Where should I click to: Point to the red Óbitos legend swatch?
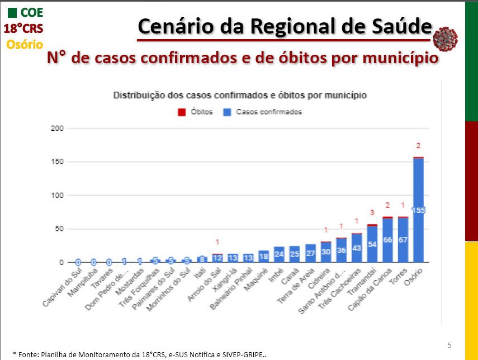pyautogui.click(x=181, y=112)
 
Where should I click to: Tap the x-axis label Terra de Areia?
pyautogui.click(x=296, y=286)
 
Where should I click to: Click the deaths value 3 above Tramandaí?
pyautogui.click(x=372, y=212)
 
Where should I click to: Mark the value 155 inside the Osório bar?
pyautogui.click(x=418, y=210)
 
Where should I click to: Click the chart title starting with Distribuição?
pyautogui.click(x=240, y=96)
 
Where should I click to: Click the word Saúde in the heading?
pyautogui.click(x=404, y=26)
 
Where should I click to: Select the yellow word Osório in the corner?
pyautogui.click(x=25, y=44)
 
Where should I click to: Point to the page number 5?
pyautogui.click(x=449, y=344)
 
